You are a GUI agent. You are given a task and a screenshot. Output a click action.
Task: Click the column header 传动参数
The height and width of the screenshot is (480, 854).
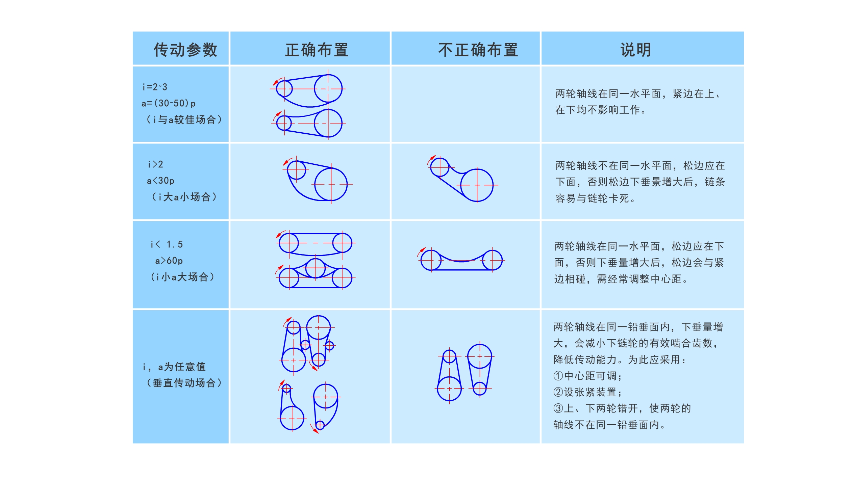(185, 50)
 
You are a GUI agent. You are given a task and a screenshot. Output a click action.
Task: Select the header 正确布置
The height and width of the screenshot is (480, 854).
(317, 50)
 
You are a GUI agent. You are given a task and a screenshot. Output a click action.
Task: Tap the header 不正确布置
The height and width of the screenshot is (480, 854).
(478, 50)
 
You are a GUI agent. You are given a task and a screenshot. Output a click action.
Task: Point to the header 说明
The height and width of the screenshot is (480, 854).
(635, 50)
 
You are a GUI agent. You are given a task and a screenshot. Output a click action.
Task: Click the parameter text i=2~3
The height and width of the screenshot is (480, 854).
(155, 87)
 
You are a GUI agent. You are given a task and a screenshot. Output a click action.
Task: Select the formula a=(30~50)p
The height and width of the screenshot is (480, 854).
(169, 103)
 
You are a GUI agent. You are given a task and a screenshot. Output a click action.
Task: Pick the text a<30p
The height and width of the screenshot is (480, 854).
(160, 181)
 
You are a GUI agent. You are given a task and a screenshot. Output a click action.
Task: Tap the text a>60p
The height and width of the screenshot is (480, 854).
(169, 261)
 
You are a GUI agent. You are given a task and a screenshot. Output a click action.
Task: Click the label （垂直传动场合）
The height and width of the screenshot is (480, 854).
(184, 383)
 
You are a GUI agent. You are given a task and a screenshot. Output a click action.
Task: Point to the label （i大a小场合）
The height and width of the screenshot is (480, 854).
(184, 197)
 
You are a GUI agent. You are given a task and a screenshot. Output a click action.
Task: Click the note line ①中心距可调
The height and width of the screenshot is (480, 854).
(587, 376)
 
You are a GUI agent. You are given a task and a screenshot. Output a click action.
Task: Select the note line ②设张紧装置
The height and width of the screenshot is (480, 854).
(587, 392)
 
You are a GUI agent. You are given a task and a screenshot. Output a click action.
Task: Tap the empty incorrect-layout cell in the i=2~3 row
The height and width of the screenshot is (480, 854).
(466, 104)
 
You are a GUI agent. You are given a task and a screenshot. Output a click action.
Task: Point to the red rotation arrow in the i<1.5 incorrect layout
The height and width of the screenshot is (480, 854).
(421, 252)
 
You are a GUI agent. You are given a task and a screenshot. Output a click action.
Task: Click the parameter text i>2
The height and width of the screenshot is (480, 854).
(155, 164)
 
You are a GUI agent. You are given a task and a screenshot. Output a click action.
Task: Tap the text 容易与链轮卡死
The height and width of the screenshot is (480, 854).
(593, 198)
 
